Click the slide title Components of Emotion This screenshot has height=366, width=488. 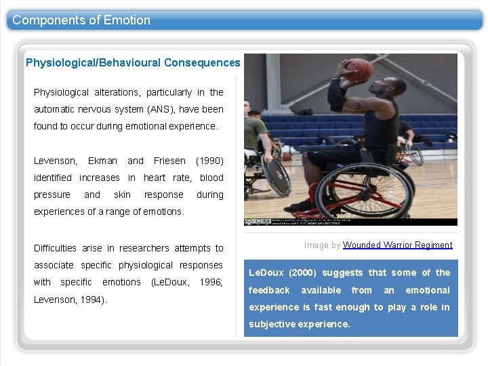81,20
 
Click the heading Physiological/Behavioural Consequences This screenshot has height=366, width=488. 133,63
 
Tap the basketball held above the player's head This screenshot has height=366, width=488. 359,68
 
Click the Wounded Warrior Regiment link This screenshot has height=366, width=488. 397,245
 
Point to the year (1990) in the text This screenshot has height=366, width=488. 209,161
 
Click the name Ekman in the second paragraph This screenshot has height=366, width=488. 102,161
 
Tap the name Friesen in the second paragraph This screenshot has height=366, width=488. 169,161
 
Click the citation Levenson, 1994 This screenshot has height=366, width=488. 69,300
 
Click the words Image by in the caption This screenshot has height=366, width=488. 322,245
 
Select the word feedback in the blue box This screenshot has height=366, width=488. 269,290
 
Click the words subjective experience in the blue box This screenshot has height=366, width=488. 300,324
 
